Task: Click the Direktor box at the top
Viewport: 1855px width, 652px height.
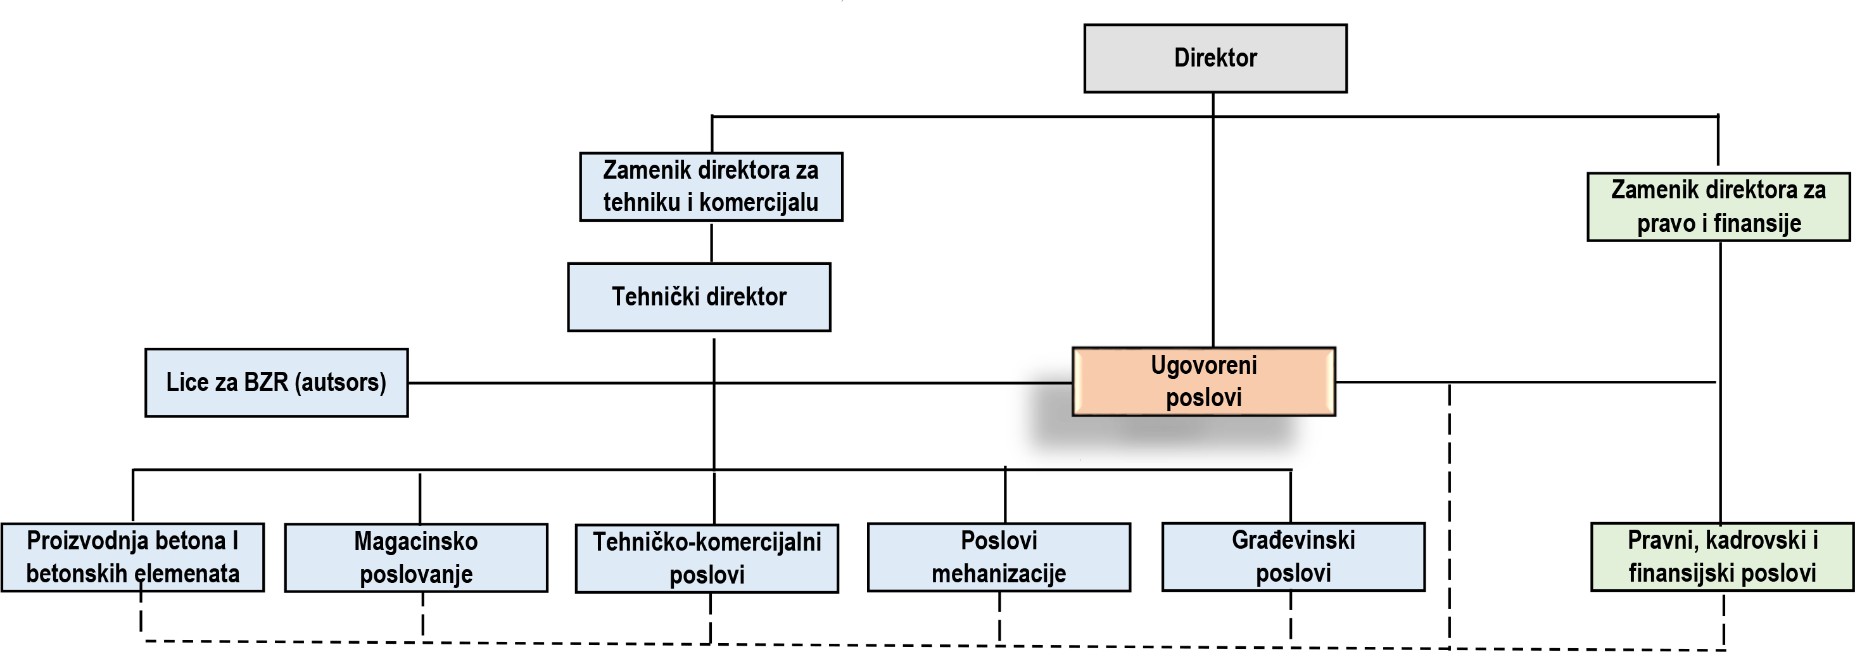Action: pos(1215,58)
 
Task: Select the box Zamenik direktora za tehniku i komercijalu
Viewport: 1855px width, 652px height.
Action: pos(711,186)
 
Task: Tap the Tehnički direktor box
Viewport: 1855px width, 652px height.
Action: pos(699,297)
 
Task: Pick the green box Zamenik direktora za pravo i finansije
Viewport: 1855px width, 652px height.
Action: pos(1719,207)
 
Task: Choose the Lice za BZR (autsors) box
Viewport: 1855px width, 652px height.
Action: pos(277,383)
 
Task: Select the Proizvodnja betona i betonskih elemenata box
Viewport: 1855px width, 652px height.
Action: pos(132,558)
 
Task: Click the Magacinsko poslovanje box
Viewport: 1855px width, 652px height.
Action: pos(416,558)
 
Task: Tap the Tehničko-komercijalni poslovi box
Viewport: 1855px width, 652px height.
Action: pos(707,558)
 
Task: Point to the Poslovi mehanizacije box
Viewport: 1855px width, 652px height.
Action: pos(999,558)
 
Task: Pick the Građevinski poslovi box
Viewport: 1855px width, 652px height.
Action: pos(1294,557)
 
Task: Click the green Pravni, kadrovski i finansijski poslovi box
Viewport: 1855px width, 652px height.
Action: pos(1723,557)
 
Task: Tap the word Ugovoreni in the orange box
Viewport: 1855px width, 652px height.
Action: pos(1204,365)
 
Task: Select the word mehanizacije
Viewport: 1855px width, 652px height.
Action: pos(999,574)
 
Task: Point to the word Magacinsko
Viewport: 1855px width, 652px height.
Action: pos(416,541)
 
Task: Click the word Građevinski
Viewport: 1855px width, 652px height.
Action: pos(1293,540)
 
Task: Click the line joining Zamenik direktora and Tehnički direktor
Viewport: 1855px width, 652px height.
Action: pos(711,242)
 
